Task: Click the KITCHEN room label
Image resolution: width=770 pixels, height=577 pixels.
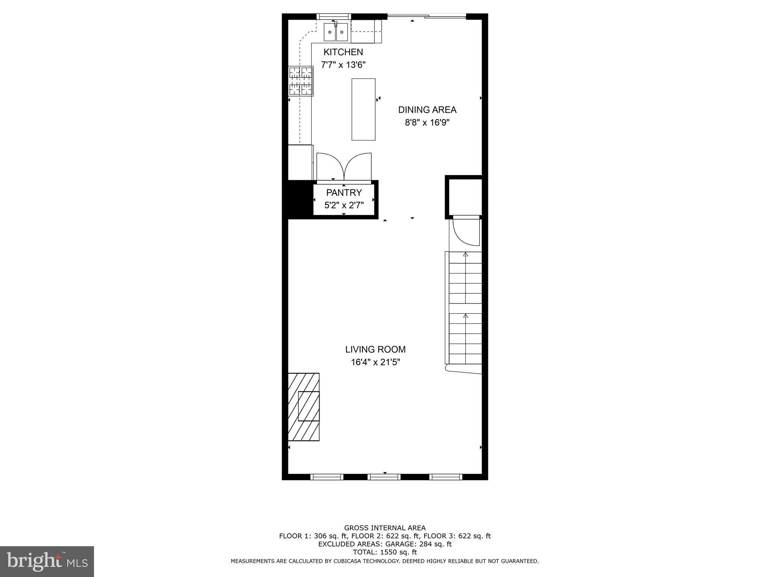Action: click(343, 52)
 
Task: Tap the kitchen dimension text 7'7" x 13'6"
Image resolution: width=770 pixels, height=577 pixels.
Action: click(343, 65)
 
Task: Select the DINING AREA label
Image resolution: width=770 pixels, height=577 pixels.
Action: click(427, 110)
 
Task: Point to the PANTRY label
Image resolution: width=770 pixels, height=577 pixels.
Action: click(344, 193)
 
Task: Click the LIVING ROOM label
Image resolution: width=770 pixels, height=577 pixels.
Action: click(375, 349)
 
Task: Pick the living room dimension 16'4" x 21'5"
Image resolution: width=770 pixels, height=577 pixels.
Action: click(375, 363)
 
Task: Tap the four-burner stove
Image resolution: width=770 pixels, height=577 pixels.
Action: click(301, 81)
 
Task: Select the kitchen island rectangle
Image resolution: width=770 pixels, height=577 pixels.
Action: click(363, 109)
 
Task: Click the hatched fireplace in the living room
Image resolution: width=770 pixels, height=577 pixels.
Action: click(304, 406)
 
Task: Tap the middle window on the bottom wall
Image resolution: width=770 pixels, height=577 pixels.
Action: click(384, 477)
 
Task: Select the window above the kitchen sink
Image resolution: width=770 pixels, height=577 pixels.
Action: click(333, 16)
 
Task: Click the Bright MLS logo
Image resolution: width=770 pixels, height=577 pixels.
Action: click(47, 561)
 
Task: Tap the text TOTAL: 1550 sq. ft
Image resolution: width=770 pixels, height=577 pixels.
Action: click(385, 552)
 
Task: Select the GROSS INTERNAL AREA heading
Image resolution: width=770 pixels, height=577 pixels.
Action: click(385, 528)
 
